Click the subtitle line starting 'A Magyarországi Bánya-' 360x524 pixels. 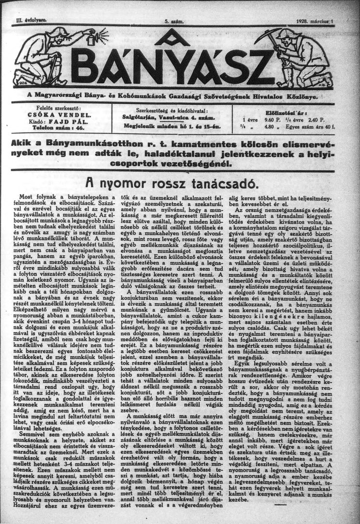[x=180, y=96]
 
